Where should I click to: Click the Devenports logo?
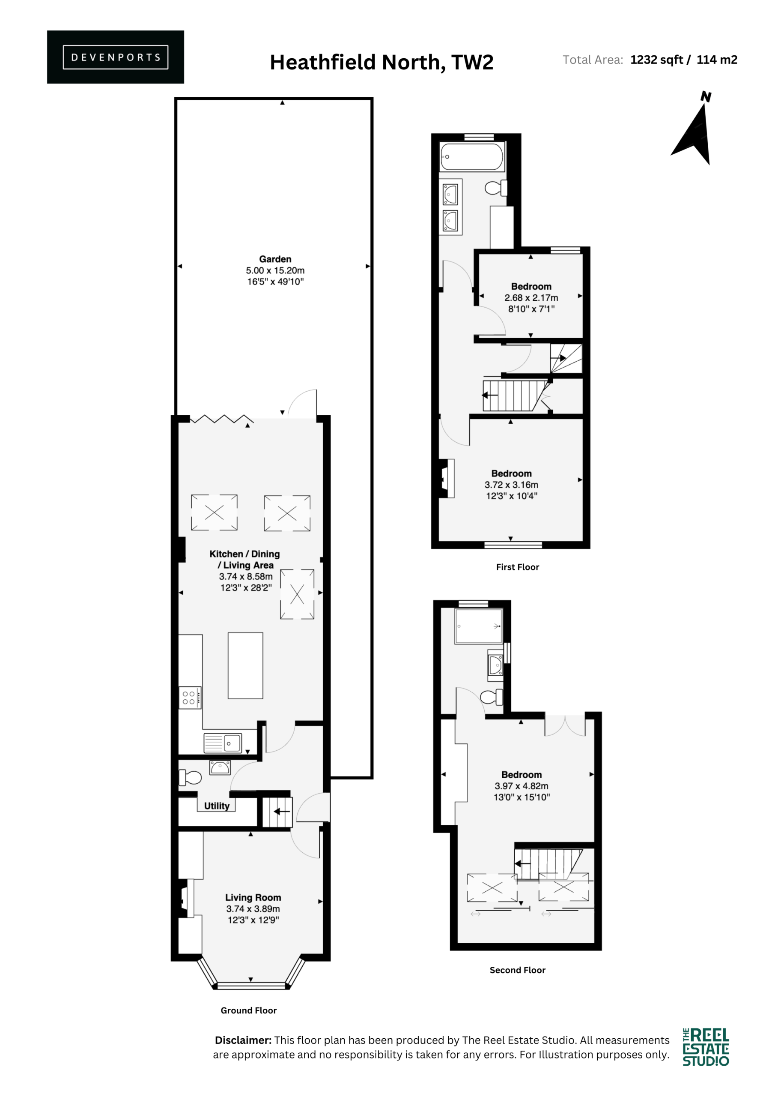click(115, 57)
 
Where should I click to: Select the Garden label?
click(275, 259)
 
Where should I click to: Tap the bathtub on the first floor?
click(472, 157)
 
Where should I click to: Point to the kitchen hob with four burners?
click(190, 698)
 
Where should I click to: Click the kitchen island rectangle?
click(245, 665)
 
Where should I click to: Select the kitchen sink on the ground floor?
click(223, 743)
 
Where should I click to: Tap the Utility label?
click(217, 806)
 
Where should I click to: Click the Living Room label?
click(253, 897)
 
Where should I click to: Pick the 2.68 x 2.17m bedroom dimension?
click(531, 298)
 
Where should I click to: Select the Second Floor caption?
click(518, 970)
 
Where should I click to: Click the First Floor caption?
click(518, 567)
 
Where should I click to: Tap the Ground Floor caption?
click(249, 1010)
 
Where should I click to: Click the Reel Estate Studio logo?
click(706, 1047)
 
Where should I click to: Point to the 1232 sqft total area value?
click(656, 60)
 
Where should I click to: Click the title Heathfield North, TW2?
click(382, 62)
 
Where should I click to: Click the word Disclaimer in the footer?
click(243, 1040)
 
